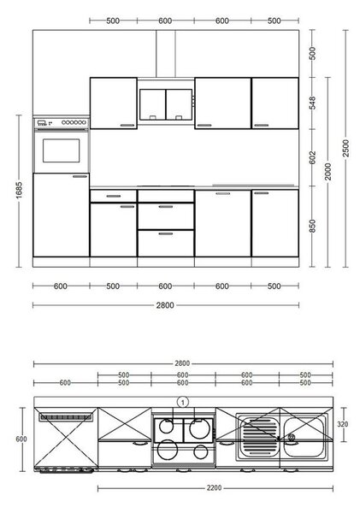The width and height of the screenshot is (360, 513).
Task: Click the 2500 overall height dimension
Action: point(345,148)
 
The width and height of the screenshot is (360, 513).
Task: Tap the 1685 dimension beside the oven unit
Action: point(19,190)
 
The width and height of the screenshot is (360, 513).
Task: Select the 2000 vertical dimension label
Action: point(328,172)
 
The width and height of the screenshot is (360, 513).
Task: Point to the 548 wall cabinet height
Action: point(313,103)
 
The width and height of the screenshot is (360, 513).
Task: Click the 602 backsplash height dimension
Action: point(313,157)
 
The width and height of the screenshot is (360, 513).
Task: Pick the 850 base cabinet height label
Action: point(313,226)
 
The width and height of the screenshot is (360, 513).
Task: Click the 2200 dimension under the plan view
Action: point(214,488)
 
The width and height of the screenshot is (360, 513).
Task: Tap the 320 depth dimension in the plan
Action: point(342,424)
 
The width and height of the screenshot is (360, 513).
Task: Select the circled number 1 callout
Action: point(183,402)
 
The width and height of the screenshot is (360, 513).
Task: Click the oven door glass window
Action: point(62,150)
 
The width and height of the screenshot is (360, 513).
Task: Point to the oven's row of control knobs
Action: point(74,122)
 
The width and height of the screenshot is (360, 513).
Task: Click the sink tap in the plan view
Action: point(291,438)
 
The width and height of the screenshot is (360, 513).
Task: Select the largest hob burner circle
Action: point(199,429)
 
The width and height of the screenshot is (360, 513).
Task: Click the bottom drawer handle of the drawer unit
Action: point(166,233)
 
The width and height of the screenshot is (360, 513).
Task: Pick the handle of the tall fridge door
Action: point(80,177)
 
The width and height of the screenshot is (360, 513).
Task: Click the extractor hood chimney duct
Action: point(166,54)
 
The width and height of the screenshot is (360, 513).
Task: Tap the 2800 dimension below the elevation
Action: point(165,305)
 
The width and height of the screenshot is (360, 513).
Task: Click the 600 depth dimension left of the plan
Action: point(21,439)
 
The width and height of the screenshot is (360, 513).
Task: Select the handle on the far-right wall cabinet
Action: point(262,125)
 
